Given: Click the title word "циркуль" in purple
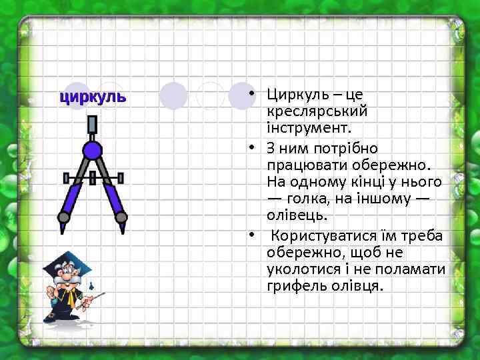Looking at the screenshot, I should point(93,97).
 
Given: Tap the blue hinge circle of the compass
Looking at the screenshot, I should point(93,150).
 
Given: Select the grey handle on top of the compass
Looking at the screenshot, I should point(93,127).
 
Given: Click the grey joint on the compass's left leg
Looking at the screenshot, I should point(64,217).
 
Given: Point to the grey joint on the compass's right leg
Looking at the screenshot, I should point(121,217).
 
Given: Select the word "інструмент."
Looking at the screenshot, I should point(304,128).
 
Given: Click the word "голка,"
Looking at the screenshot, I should point(316,199).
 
